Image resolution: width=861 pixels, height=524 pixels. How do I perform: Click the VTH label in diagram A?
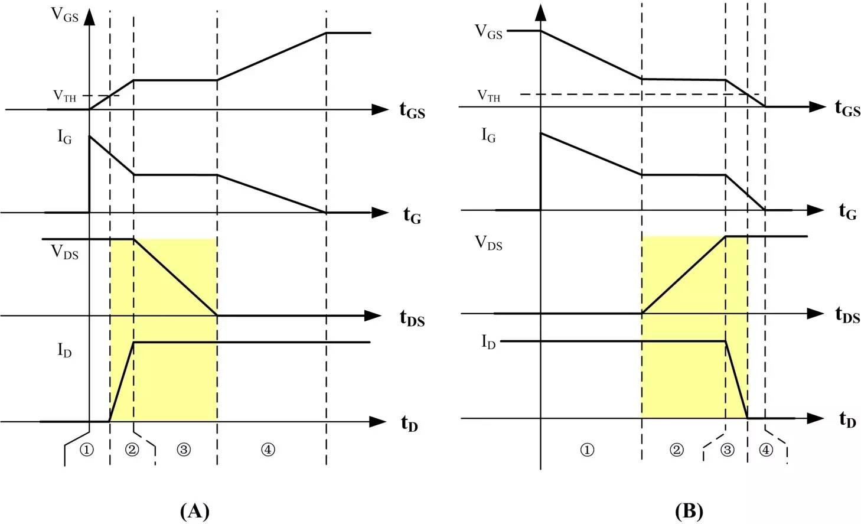(x=65, y=96)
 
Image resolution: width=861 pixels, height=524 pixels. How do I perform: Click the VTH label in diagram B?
(x=488, y=96)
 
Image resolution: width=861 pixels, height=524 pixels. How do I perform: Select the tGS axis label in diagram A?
(x=412, y=110)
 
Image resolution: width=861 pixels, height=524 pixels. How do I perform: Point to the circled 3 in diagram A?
(x=184, y=450)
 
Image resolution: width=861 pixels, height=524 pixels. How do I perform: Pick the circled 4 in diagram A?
(x=268, y=450)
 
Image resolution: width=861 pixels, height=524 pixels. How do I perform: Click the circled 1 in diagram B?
(x=586, y=450)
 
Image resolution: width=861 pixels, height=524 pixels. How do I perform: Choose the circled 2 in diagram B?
(x=676, y=450)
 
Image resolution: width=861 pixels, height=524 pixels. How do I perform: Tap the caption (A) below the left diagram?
(x=194, y=510)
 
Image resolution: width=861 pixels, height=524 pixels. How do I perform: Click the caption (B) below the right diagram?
(x=689, y=510)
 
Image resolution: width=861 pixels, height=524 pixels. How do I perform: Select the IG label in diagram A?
(x=65, y=137)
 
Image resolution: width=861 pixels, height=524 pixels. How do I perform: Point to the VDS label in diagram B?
(x=488, y=243)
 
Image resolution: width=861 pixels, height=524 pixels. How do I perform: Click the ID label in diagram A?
(x=65, y=350)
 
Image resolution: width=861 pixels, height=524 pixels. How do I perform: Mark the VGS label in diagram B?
(x=488, y=31)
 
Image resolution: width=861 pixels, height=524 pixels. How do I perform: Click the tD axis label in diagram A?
(x=409, y=423)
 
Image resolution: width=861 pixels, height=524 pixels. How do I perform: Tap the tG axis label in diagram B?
(x=847, y=211)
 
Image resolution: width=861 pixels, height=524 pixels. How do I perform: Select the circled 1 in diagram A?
(x=87, y=450)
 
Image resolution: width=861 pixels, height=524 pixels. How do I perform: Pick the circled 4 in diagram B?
(x=765, y=450)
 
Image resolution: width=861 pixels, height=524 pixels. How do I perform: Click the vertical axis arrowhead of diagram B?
(x=540, y=12)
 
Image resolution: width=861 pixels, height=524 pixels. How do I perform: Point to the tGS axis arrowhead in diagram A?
(x=380, y=109)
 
